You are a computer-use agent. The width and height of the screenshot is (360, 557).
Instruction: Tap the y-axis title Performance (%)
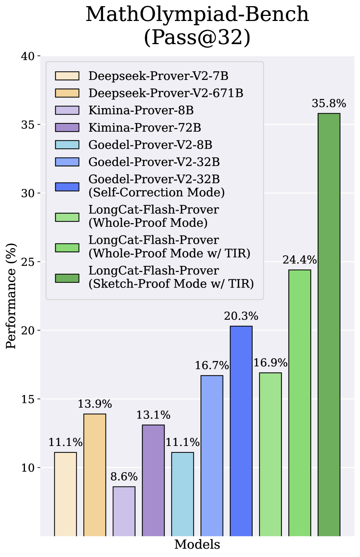tap(11, 296)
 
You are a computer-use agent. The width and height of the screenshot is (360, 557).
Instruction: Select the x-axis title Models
tap(197, 544)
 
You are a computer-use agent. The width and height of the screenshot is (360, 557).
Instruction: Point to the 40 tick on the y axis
tap(27, 56)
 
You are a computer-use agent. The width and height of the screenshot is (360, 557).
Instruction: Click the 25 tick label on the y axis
tap(27, 262)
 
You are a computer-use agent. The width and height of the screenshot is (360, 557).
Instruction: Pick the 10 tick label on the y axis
tap(27, 468)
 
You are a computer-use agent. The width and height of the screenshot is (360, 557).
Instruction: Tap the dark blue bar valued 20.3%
tap(241, 431)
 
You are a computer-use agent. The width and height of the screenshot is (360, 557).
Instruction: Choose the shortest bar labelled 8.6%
tap(124, 511)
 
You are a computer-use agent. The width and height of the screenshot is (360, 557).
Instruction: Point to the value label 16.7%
tap(212, 366)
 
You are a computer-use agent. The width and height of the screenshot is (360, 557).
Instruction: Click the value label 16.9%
tap(270, 363)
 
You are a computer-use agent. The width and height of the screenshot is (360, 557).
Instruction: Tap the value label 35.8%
tap(329, 104)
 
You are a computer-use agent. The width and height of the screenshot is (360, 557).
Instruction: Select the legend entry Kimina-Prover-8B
tap(141, 110)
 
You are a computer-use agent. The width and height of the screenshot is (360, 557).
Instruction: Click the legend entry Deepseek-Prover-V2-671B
tap(166, 93)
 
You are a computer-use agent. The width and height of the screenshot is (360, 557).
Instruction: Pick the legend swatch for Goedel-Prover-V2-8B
tap(67, 145)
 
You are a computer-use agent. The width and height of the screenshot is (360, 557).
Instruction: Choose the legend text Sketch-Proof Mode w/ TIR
tap(171, 284)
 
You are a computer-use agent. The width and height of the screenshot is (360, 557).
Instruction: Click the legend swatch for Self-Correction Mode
tap(67, 187)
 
